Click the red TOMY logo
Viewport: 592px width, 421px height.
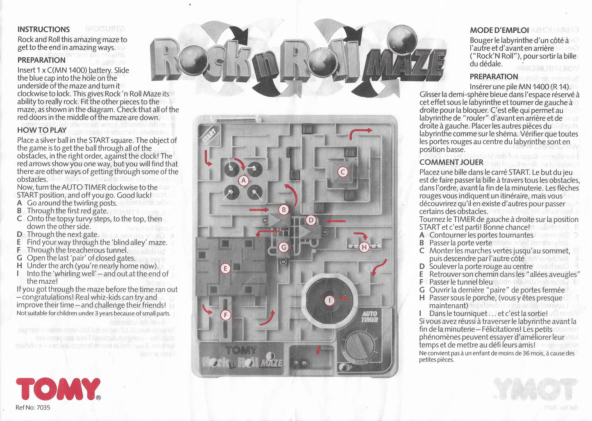pyautogui.click(x=58, y=389)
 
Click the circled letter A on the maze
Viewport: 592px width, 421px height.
pyautogui.click(x=243, y=180)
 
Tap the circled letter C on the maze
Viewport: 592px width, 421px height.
pyautogui.click(x=342, y=172)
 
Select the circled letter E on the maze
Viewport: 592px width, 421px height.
pyautogui.click(x=225, y=269)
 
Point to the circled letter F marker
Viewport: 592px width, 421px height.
pyautogui.click(x=225, y=315)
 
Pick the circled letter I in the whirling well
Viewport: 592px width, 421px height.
pyautogui.click(x=329, y=301)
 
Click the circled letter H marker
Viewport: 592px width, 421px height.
pyautogui.click(x=364, y=247)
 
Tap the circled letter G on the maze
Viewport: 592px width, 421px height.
pyautogui.click(x=283, y=247)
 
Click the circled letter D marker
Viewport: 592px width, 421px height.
pyautogui.click(x=311, y=220)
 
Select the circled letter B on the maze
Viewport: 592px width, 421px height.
pyautogui.click(x=284, y=210)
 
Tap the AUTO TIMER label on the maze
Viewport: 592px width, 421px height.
pyautogui.click(x=369, y=317)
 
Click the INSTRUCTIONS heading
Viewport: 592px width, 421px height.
pyautogui.click(x=43, y=29)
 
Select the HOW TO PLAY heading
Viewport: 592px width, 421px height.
pyautogui.click(x=42, y=130)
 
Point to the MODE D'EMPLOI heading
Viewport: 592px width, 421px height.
pyautogui.click(x=499, y=30)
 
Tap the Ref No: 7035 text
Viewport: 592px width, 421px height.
pyautogui.click(x=33, y=407)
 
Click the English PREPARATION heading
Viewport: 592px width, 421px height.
pyautogui.click(x=41, y=60)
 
